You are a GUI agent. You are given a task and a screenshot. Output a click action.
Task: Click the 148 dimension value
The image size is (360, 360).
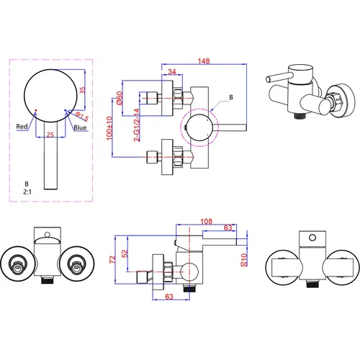204,61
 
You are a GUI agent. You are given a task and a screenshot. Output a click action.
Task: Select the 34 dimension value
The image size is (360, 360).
172,71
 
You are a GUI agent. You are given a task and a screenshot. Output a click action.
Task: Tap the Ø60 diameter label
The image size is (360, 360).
120,98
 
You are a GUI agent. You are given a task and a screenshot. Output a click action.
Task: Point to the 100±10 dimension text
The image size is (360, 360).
109,128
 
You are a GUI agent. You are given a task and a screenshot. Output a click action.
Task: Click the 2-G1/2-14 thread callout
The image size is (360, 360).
137,125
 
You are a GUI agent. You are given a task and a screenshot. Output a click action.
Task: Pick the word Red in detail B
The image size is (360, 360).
22,127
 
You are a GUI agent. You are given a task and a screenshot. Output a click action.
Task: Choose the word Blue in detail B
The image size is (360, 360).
80,127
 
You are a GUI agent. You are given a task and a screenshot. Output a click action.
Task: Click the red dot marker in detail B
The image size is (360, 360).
36,110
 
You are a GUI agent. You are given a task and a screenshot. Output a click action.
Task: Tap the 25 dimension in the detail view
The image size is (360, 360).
50,135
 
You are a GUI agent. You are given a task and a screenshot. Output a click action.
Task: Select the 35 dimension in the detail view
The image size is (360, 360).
82,90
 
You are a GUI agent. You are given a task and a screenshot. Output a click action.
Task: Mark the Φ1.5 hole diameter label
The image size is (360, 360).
82,117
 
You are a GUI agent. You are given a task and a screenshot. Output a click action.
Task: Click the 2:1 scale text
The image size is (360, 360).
27,192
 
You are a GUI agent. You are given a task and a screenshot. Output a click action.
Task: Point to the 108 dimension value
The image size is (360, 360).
207,221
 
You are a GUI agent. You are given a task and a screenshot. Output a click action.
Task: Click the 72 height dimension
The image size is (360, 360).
112,259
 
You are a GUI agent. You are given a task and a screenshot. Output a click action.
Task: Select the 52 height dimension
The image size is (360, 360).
125,253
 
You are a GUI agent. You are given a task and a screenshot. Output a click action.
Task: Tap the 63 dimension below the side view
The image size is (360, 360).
169,297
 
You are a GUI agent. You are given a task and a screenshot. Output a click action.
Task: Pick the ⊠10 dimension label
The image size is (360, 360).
244,260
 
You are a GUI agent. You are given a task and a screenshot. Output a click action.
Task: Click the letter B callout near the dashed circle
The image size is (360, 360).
231,97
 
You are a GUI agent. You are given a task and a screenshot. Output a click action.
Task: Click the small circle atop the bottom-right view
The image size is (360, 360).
312,238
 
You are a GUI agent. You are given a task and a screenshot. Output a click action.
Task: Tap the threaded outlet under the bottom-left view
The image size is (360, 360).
48,279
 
